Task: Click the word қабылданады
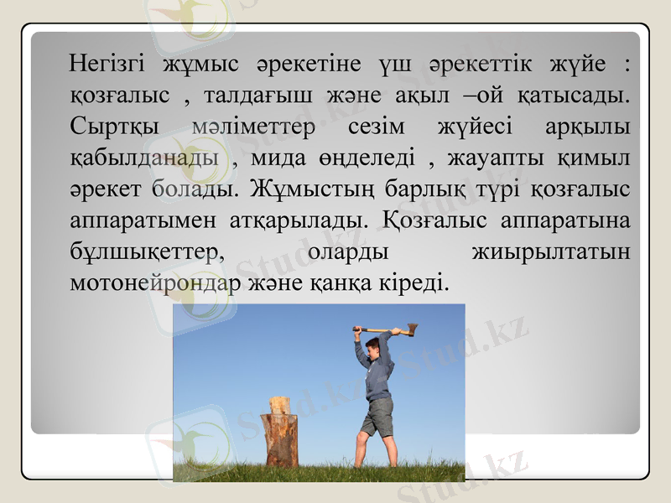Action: coord(143,158)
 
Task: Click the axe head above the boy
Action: coord(411,329)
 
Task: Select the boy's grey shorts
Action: coord(378,416)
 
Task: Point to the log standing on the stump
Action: coord(279,406)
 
